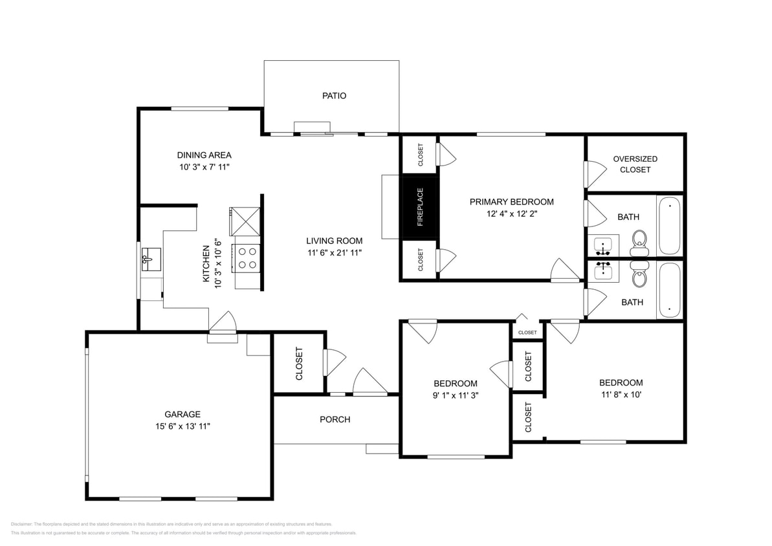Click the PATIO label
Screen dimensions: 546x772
[334, 96]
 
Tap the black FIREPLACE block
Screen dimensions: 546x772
[420, 207]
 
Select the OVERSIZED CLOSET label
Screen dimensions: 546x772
[635, 164]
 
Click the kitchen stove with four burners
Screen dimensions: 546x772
[247, 257]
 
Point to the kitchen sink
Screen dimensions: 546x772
[149, 259]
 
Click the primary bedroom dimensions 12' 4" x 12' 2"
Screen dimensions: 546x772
[511, 213]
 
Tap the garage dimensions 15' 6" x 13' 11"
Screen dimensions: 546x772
[182, 426]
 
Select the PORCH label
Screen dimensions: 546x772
[335, 419]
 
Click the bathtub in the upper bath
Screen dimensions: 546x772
[669, 226]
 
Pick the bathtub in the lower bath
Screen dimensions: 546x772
[669, 290]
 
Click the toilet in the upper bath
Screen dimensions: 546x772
[639, 239]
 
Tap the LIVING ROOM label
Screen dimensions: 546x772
[334, 241]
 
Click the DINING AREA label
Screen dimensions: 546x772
[204, 155]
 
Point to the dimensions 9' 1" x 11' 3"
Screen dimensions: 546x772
[456, 395]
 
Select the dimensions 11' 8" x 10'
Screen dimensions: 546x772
[621, 394]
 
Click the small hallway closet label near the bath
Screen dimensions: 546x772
[527, 333]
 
